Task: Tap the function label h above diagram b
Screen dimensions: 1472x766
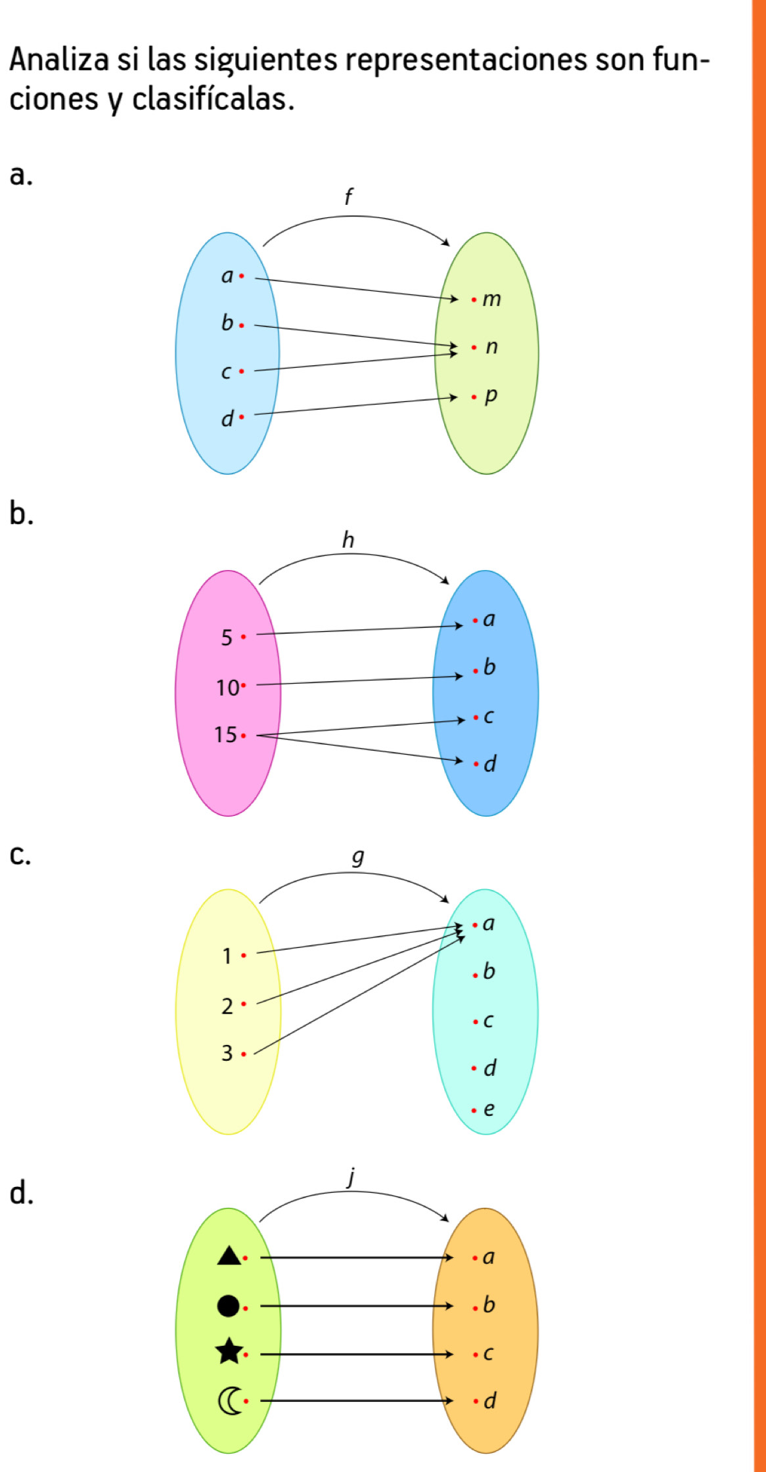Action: [x=348, y=540]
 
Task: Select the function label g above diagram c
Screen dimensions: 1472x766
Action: [x=357, y=857]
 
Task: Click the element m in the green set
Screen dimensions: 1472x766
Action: [x=491, y=300]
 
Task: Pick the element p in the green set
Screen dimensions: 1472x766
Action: [x=491, y=396]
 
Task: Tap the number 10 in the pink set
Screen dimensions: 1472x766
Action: [x=227, y=688]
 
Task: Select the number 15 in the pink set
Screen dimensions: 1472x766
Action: [x=225, y=734]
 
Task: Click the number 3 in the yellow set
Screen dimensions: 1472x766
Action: [x=227, y=1053]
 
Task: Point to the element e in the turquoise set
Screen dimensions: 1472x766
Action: [x=488, y=1109]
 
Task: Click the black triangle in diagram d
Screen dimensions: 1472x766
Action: [x=229, y=1255]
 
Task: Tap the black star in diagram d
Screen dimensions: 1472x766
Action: [x=229, y=1351]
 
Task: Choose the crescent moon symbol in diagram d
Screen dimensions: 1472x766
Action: [x=229, y=1400]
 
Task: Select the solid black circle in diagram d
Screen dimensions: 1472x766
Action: [x=228, y=1305]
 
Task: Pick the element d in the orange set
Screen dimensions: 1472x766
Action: [x=489, y=1400]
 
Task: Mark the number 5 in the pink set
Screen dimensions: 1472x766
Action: [x=227, y=637]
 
